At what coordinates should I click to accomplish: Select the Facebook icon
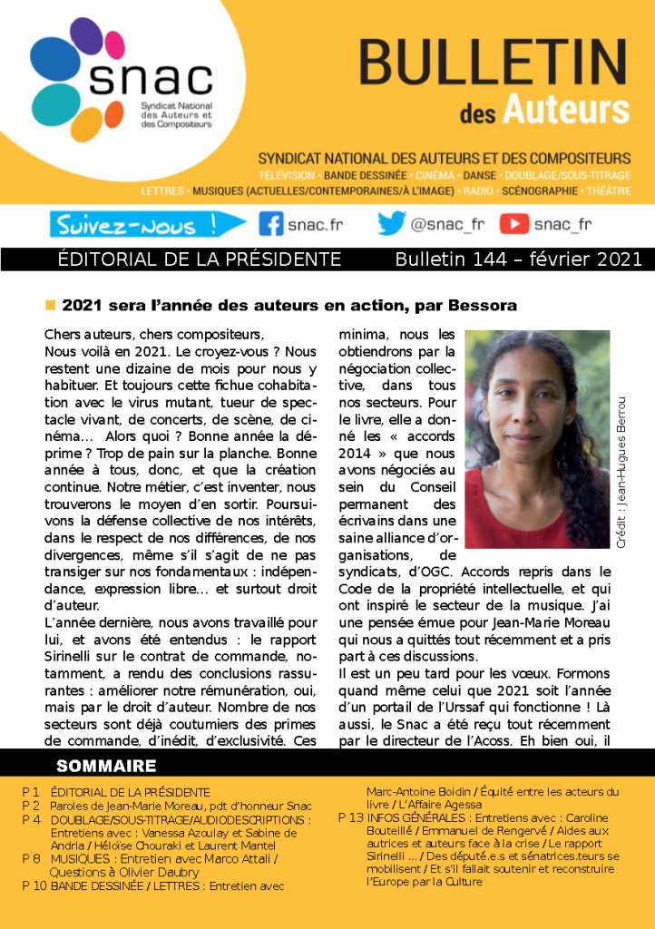point(271,223)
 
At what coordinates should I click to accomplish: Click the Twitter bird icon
point(391,223)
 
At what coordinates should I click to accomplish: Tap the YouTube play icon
point(514,223)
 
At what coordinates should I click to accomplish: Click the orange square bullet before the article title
point(51,305)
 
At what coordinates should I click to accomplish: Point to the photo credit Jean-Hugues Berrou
point(621,472)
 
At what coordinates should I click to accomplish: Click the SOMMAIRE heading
point(106,766)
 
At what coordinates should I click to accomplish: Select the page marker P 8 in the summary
point(31,858)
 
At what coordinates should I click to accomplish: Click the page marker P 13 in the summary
point(350,817)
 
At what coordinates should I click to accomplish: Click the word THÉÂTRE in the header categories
point(608,191)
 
